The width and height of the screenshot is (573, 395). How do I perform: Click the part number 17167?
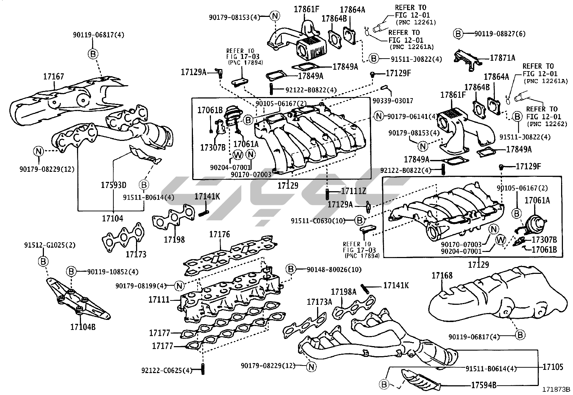54,77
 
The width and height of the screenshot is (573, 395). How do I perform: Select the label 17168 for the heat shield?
442,276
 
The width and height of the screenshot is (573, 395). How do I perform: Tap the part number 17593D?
113,185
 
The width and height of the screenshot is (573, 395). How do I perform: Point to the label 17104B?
83,327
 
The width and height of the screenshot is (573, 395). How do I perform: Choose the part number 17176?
220,235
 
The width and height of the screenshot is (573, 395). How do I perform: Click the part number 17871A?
502,58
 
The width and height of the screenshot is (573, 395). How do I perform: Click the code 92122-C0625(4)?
167,370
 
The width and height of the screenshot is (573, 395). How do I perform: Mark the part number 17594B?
484,385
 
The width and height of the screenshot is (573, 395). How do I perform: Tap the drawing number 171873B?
557,389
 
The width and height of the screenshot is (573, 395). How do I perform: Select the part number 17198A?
343,291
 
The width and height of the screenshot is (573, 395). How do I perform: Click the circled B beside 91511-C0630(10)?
359,220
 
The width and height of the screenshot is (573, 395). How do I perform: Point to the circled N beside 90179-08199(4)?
179,286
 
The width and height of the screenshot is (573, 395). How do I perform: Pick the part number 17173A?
319,302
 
